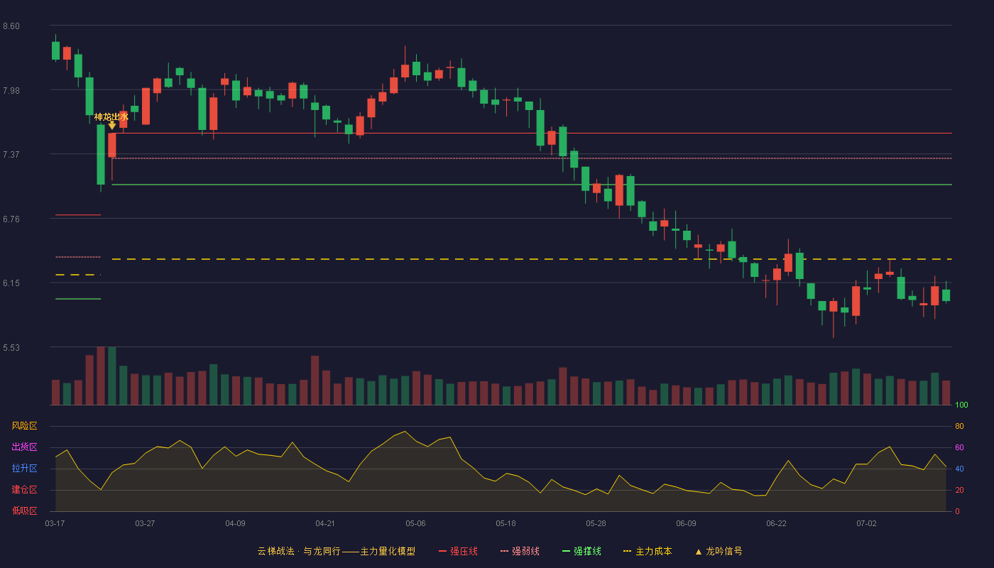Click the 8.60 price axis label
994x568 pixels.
pyautogui.click(x=11, y=26)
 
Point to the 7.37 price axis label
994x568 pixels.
pyautogui.click(x=11, y=155)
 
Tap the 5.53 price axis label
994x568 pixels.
pyautogui.click(x=11, y=347)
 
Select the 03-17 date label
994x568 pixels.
pyautogui.click(x=55, y=524)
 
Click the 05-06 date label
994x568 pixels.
pyautogui.click(x=415, y=524)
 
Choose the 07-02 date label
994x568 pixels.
pyautogui.click(x=866, y=524)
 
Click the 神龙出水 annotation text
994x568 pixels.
pyautogui.click(x=111, y=116)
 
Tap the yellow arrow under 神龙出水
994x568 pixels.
pyautogui.click(x=112, y=126)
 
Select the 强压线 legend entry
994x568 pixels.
pyautogui.click(x=458, y=551)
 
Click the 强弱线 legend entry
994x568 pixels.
pyautogui.click(x=520, y=551)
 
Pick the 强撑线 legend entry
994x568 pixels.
pyautogui.click(x=581, y=551)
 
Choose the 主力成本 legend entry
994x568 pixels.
pyautogui.click(x=648, y=551)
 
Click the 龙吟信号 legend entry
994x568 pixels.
pyautogui.click(x=719, y=551)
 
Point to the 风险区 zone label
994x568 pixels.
pyautogui.click(x=24, y=426)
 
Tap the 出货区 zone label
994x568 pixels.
pyautogui.click(x=24, y=447)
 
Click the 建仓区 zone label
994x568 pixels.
pyautogui.click(x=24, y=489)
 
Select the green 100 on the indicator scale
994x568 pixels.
pyautogui.click(x=961, y=405)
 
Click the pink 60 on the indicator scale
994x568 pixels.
pyautogui.click(x=959, y=447)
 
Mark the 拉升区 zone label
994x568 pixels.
pyautogui.click(x=24, y=468)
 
